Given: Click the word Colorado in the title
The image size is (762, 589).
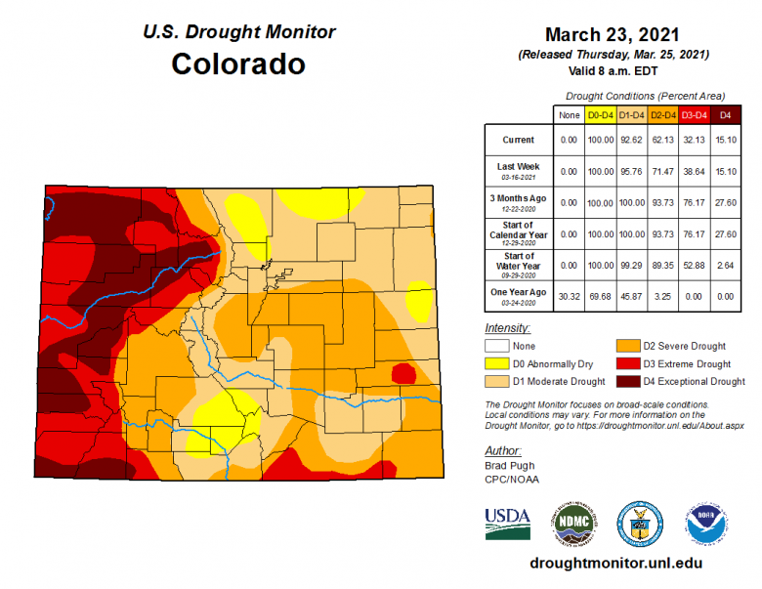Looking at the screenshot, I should (x=237, y=64).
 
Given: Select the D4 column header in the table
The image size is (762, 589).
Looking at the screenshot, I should (x=724, y=115).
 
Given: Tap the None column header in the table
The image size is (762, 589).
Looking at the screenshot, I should (x=569, y=115).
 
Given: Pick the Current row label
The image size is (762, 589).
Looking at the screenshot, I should (x=518, y=140).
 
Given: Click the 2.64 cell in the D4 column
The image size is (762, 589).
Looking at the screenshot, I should (x=724, y=265).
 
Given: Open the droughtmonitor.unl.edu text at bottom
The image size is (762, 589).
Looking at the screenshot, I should (x=614, y=564).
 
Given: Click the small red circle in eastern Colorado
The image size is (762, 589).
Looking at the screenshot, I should (x=402, y=373).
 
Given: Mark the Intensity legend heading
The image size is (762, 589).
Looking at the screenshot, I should (x=507, y=328).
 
